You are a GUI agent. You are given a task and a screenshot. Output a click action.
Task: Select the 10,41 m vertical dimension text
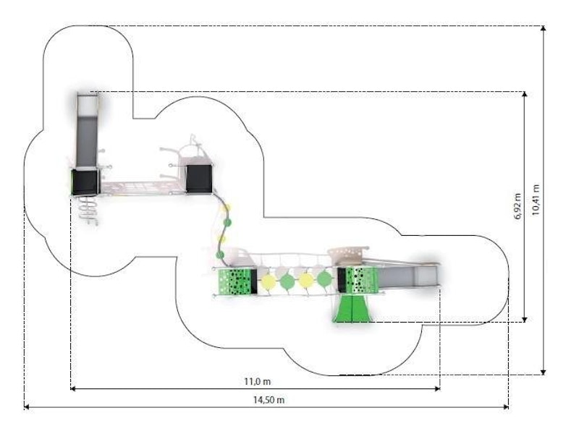coord(536,200)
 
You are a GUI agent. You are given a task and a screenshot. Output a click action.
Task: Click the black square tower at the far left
coord(85,182)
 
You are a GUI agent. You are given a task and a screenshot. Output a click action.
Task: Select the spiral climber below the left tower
coord(87,209)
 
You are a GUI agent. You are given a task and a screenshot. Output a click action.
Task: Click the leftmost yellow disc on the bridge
coord(268,281)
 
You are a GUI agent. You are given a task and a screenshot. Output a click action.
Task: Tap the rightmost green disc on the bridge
coord(324,280)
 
